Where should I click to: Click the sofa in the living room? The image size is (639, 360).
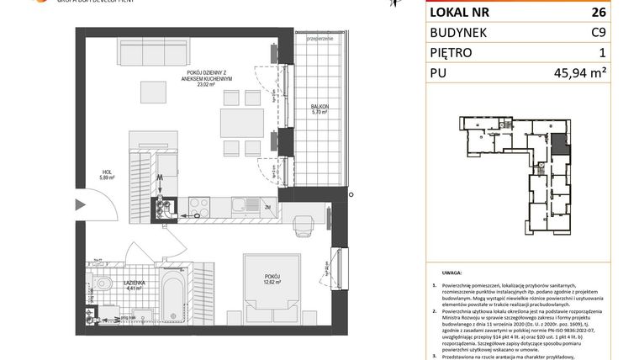tap(151, 54)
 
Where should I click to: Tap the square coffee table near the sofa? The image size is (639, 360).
tap(153, 90)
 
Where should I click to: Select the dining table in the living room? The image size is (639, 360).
tap(242, 124)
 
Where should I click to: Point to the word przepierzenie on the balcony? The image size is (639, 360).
tap(321, 40)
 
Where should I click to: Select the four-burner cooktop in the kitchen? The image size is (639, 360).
tap(199, 203)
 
